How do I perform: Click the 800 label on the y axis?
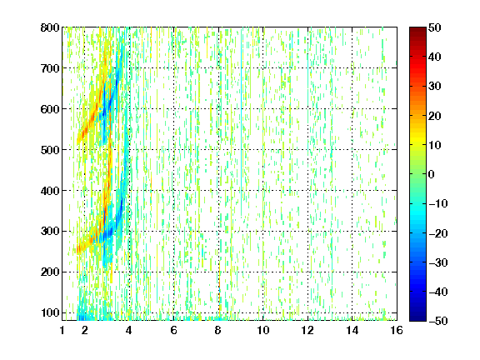click(x=50, y=27)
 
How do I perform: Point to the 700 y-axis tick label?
click(x=50, y=68)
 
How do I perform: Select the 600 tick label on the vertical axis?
click(x=50, y=109)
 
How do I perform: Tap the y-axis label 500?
click(x=50, y=150)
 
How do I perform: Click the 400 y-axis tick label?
click(x=50, y=191)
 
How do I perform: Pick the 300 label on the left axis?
click(x=50, y=232)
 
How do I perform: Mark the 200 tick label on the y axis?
click(x=50, y=272)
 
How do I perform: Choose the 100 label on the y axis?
click(x=50, y=312)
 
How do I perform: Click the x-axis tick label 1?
click(x=62, y=330)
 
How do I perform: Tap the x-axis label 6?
click(x=174, y=330)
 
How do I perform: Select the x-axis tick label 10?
click(x=263, y=330)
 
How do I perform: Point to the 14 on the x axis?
click(x=352, y=330)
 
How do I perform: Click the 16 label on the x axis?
click(x=397, y=330)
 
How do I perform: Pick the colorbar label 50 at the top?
click(x=435, y=27)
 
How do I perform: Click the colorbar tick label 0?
click(x=432, y=174)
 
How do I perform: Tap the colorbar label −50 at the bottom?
click(x=438, y=321)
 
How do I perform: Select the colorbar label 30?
click(x=435, y=87)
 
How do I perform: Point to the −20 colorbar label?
click(x=438, y=233)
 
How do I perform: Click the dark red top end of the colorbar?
click(x=417, y=29)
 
